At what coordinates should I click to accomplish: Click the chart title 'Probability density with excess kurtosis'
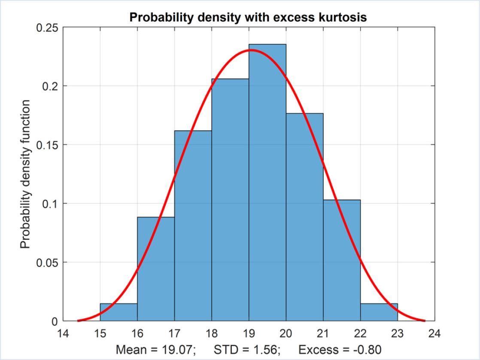tap(249, 18)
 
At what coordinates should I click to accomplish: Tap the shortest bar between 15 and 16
tap(119, 312)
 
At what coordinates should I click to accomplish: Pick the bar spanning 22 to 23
tap(379, 312)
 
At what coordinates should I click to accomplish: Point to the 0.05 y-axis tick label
tap(48, 262)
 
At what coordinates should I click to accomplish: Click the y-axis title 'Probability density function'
tap(26, 174)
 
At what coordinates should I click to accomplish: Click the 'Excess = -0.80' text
tap(340, 349)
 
